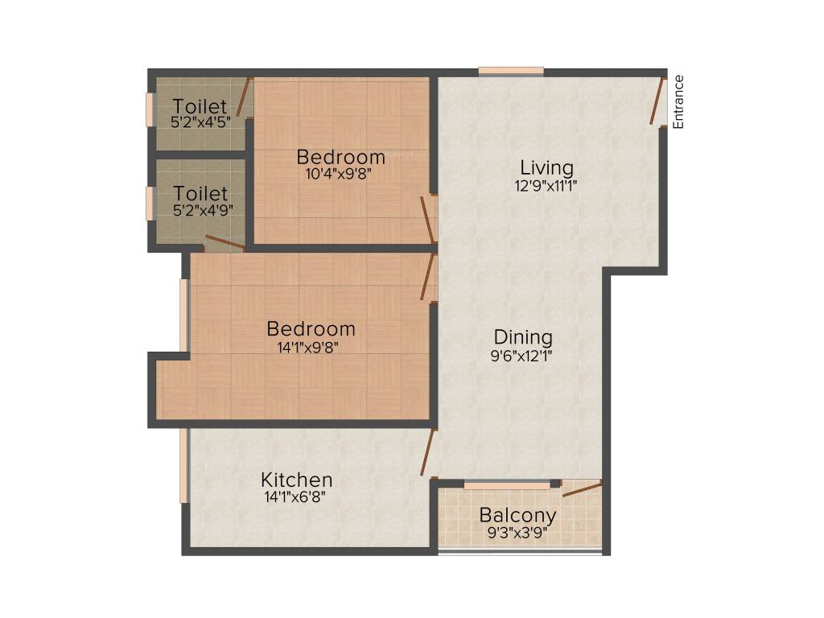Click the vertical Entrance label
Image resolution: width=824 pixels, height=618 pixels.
(x=678, y=101)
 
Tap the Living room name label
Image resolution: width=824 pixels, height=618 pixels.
(x=547, y=168)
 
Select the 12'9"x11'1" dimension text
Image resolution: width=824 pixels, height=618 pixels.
(x=547, y=184)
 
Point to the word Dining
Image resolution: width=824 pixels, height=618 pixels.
(x=523, y=337)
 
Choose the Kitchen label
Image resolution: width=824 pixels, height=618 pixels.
(x=296, y=480)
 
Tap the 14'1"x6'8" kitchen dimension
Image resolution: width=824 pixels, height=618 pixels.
(x=296, y=496)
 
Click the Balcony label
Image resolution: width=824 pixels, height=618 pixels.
(x=517, y=515)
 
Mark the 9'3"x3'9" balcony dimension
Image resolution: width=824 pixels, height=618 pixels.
(x=517, y=531)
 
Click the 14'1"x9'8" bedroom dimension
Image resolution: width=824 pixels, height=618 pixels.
(x=311, y=347)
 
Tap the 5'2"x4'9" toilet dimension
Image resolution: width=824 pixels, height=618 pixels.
(x=201, y=211)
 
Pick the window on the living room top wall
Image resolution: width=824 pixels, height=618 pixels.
(x=511, y=72)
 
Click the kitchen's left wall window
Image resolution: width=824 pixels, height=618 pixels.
(x=184, y=466)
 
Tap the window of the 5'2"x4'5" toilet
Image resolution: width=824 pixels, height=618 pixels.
(x=150, y=109)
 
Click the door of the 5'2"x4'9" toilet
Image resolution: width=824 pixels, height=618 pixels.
(x=225, y=243)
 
